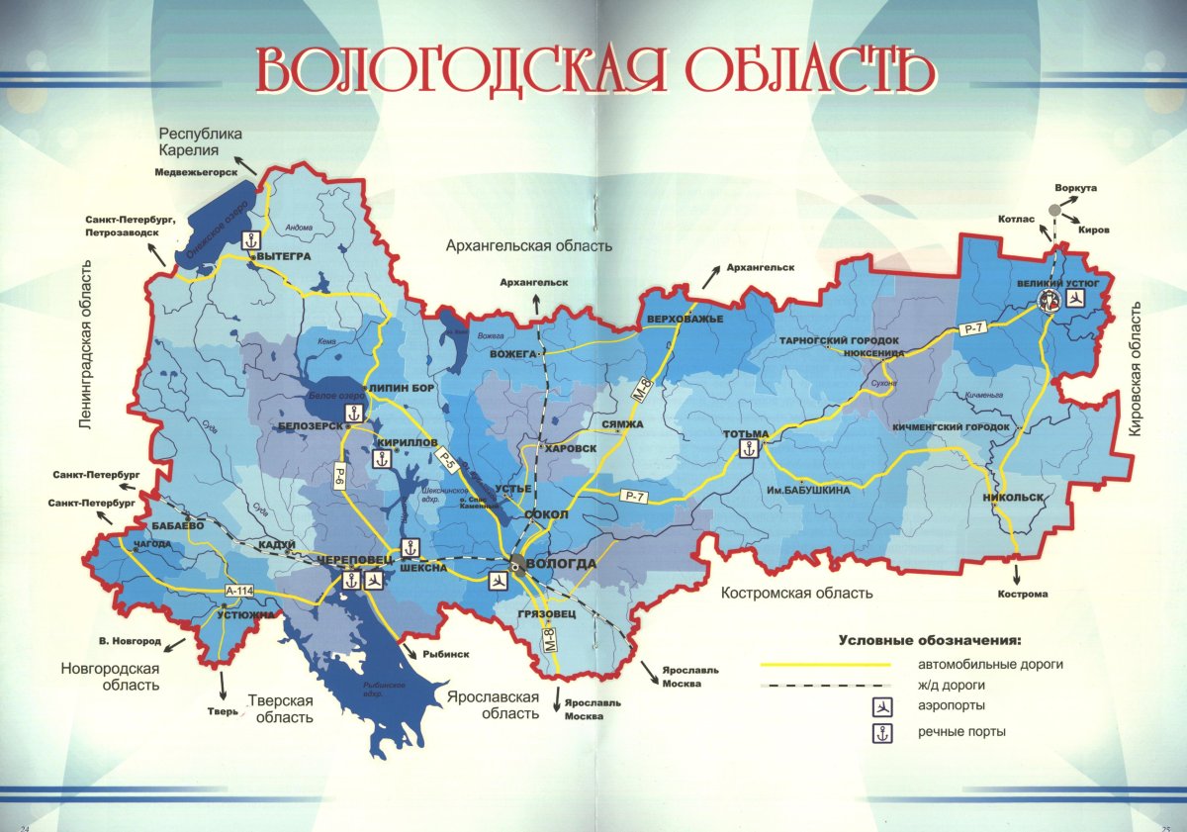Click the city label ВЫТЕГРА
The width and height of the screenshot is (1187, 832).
tap(286, 256)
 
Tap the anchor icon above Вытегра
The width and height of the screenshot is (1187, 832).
tap(251, 239)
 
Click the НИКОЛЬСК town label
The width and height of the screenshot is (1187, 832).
tap(1015, 498)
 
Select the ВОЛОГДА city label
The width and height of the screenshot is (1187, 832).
tap(563, 564)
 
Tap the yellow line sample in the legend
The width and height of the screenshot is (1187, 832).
tap(825, 665)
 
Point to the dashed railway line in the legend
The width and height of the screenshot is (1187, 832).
tap(825, 686)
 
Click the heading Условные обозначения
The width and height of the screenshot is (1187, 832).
tap(929, 639)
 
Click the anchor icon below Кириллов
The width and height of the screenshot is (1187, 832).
tap(380, 458)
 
